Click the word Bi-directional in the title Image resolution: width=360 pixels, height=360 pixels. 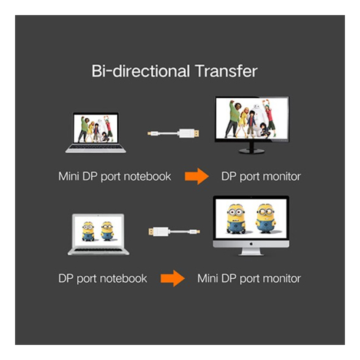[x=141, y=71]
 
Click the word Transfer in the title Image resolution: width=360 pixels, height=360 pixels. [x=226, y=71]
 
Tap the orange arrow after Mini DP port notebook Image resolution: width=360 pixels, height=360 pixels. [x=197, y=176]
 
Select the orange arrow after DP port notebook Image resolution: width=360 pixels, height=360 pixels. [x=173, y=278]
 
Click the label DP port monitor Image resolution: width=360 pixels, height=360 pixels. [x=261, y=177]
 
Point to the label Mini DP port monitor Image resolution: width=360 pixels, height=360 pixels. [x=249, y=278]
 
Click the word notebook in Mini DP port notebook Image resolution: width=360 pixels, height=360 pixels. [x=147, y=176]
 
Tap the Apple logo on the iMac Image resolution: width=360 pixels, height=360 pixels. [x=251, y=244]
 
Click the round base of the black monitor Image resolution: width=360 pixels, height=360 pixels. [x=252, y=151]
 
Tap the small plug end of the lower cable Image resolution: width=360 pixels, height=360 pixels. [x=194, y=232]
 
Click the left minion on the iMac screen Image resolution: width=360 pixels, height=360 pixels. [x=236, y=219]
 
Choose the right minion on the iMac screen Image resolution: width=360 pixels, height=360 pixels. [x=266, y=218]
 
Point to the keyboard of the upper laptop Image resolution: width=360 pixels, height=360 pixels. [x=96, y=147]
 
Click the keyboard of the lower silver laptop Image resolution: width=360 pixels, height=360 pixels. [x=98, y=250]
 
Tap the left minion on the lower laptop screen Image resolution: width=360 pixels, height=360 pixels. [x=88, y=231]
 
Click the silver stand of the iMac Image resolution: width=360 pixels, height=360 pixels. [x=251, y=251]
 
